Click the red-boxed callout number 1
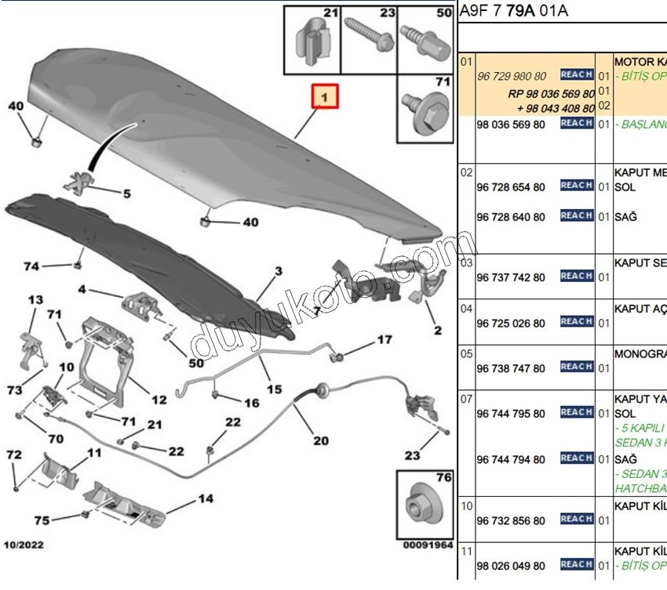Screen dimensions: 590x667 (325, 97)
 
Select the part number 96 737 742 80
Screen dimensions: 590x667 (510, 277)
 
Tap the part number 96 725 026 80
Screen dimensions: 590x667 (510, 323)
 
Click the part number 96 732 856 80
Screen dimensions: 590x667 (510, 519)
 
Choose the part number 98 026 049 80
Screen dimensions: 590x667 (510, 565)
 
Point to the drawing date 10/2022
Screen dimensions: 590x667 (26, 544)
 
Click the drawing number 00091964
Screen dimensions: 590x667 (428, 544)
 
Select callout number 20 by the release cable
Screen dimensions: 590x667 (321, 440)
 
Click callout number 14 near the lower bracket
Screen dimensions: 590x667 (206, 498)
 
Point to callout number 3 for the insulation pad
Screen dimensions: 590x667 (278, 272)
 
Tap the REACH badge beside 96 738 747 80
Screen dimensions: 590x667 (576, 367)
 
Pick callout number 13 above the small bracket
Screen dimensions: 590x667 (36, 300)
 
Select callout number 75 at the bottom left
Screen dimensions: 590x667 (42, 520)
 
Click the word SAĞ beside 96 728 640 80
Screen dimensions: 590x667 (625, 217)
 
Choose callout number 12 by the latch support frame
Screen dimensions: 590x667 (159, 400)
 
